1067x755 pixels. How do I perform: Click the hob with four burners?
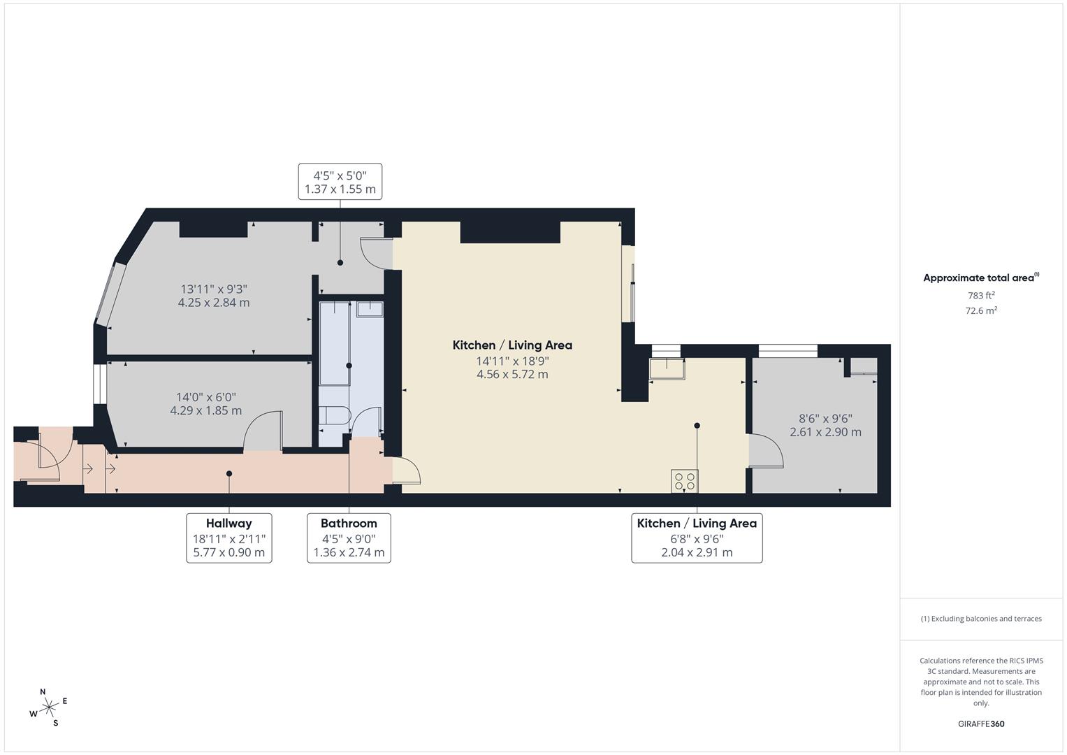[x=685, y=481]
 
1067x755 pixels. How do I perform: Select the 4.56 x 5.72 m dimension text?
[x=512, y=374]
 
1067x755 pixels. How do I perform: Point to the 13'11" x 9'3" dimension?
[x=214, y=289]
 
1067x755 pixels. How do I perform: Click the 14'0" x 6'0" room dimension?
[x=205, y=397]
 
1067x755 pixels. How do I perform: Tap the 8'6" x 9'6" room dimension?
[x=825, y=419]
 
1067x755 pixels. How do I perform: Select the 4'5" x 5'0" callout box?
[x=340, y=182]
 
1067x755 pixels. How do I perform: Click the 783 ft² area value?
[x=981, y=295]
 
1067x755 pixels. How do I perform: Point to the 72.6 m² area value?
[x=981, y=310]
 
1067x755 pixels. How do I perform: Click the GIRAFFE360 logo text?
[x=981, y=724]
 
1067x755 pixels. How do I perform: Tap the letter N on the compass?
[x=43, y=692]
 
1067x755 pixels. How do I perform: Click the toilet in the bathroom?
[x=334, y=415]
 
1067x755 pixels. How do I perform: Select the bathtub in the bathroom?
[x=335, y=343]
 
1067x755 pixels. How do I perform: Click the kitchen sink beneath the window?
[x=667, y=369]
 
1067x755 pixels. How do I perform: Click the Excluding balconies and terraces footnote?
[x=981, y=619]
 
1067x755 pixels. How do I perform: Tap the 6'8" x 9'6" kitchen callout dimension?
[x=697, y=538]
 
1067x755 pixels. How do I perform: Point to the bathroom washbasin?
[x=370, y=309]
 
